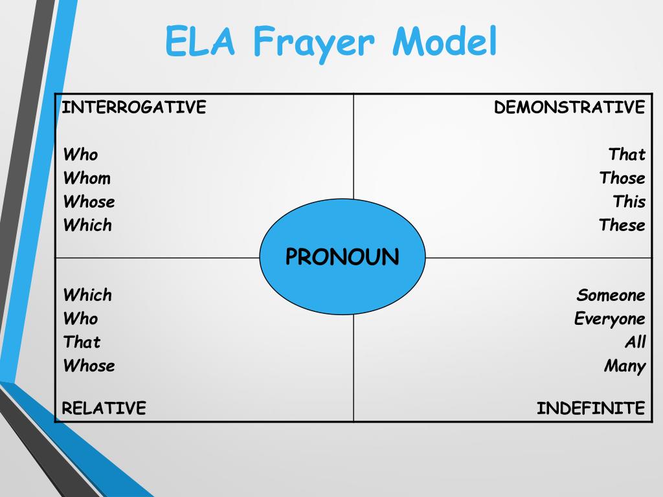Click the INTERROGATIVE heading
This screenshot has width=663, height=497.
tap(133, 107)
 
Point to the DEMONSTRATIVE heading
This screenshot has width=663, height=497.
tap(570, 107)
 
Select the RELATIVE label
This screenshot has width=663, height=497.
tap(104, 408)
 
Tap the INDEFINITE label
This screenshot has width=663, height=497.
tap(590, 408)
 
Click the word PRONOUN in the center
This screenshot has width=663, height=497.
tap(343, 257)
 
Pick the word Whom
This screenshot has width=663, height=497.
tap(87, 178)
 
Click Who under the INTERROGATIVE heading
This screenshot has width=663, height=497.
tap(80, 155)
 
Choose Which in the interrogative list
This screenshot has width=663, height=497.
tap(87, 225)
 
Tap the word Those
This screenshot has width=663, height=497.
tap(622, 178)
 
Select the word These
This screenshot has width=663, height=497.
tap(622, 225)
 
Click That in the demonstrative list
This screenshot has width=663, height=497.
tap(627, 155)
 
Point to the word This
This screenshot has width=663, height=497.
tap(629, 201)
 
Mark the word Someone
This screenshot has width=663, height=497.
tap(611, 295)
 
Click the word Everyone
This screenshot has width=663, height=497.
tap(609, 319)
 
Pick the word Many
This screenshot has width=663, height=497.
tap(625, 366)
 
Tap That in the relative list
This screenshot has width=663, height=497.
tap(82, 342)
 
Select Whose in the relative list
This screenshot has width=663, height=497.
tap(89, 366)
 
